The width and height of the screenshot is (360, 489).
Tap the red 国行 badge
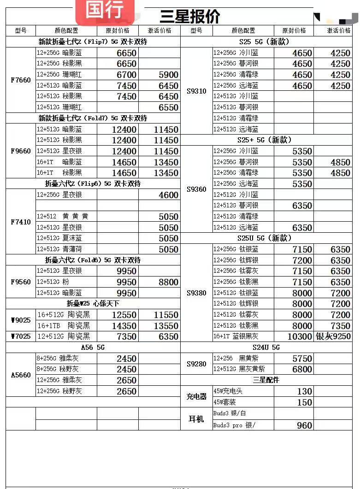tap(105, 10)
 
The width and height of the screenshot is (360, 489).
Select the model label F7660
tap(21, 80)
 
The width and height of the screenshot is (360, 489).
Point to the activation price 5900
tap(168, 75)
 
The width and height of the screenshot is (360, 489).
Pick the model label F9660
tap(21, 151)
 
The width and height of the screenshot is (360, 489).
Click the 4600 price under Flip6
tap(168, 195)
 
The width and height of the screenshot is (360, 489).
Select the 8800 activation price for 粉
tap(168, 282)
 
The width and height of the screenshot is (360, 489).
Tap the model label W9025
tap(21, 320)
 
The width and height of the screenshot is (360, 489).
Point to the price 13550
tap(166, 326)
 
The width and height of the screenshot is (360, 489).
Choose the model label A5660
tap(21, 375)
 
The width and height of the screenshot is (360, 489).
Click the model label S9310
tap(196, 91)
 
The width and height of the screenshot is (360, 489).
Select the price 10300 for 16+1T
tap(300, 336)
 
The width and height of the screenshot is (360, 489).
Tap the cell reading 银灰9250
tap(333, 336)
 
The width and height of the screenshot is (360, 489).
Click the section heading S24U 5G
tap(266, 348)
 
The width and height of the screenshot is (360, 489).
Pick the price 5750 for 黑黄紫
tap(302, 359)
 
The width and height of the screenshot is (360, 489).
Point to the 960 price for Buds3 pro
tap(305, 425)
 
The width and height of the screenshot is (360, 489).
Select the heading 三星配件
tap(266, 380)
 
